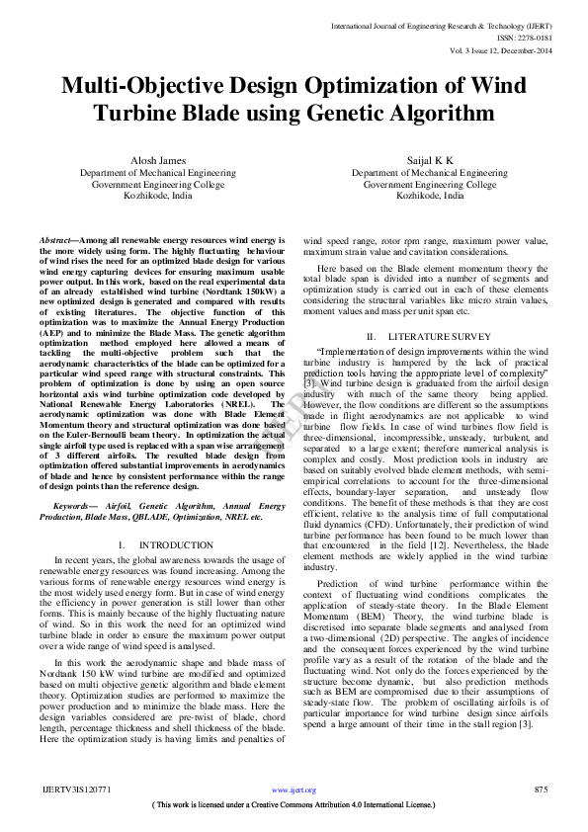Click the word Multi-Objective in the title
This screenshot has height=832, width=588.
pyautogui.click(x=156, y=86)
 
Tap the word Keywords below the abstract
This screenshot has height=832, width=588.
pyautogui.click(x=75, y=505)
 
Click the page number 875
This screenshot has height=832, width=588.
pyautogui.click(x=540, y=790)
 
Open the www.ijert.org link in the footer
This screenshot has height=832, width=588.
pyautogui.click(x=294, y=790)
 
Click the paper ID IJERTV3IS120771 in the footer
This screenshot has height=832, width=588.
pyautogui.click(x=75, y=790)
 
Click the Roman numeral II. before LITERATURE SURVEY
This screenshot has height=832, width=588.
pyautogui.click(x=372, y=337)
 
